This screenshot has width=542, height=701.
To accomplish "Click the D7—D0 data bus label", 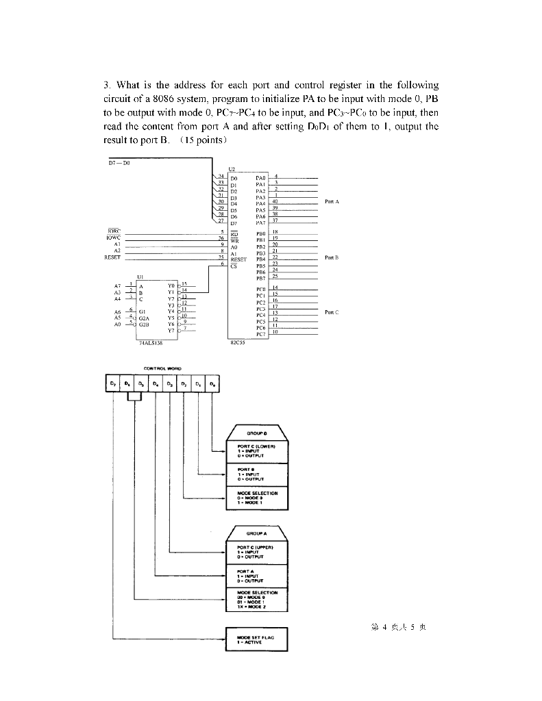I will [120, 162].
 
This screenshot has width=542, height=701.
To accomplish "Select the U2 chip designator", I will [232, 168].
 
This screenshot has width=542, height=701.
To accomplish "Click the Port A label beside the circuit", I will [332, 202].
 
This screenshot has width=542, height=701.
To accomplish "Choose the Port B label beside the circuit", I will [332, 257].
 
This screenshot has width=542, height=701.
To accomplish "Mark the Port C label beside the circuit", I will [332, 312].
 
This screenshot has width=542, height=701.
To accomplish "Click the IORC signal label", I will [114, 231].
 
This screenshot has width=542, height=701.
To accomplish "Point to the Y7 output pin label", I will [171, 331].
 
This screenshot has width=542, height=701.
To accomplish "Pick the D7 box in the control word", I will [113, 385].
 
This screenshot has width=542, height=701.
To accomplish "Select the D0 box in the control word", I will [213, 385].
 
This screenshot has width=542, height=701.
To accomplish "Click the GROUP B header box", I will [256, 433].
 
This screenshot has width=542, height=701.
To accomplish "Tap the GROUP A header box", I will [256, 531].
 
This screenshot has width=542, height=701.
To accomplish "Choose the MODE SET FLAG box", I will [257, 638].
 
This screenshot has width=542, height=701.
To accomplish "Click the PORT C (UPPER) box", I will [256, 551].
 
